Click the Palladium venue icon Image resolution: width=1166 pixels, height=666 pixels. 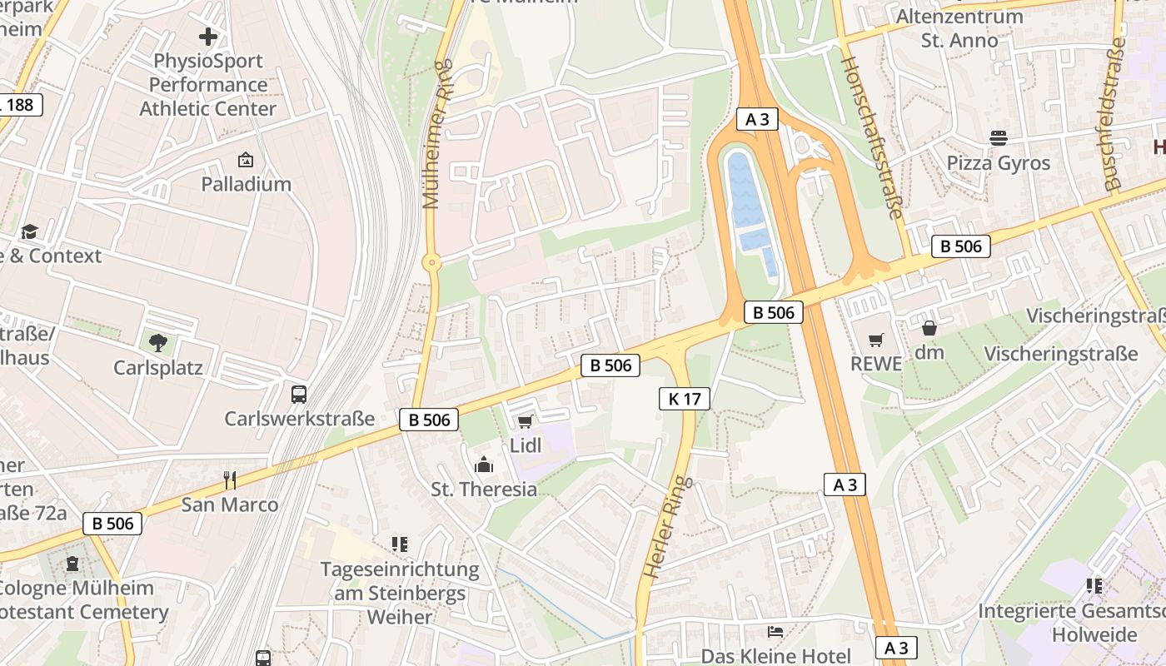point(246,160)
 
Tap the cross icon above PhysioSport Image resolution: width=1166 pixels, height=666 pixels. point(208,37)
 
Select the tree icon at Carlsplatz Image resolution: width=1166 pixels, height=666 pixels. point(157,341)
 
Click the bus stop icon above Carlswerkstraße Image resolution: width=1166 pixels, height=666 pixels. point(298,394)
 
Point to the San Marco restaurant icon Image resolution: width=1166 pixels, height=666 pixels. point(230,480)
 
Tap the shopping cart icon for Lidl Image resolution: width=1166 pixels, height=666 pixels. point(525,421)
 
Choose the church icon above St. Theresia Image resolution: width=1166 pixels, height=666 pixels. point(484,465)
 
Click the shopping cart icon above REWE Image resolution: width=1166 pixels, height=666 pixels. point(875,340)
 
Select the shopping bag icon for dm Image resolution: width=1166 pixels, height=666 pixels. point(929,329)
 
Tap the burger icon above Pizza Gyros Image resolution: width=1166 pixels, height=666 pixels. point(998,137)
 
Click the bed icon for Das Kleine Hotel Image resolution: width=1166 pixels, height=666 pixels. point(775,632)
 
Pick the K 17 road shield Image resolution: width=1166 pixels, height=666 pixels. point(684,399)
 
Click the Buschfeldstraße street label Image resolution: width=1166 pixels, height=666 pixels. point(1114,118)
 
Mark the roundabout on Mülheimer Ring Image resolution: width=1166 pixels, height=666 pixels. point(431,263)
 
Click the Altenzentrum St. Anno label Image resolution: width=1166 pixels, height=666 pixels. point(959,28)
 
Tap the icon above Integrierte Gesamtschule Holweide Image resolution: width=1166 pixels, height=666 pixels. point(1094,586)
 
